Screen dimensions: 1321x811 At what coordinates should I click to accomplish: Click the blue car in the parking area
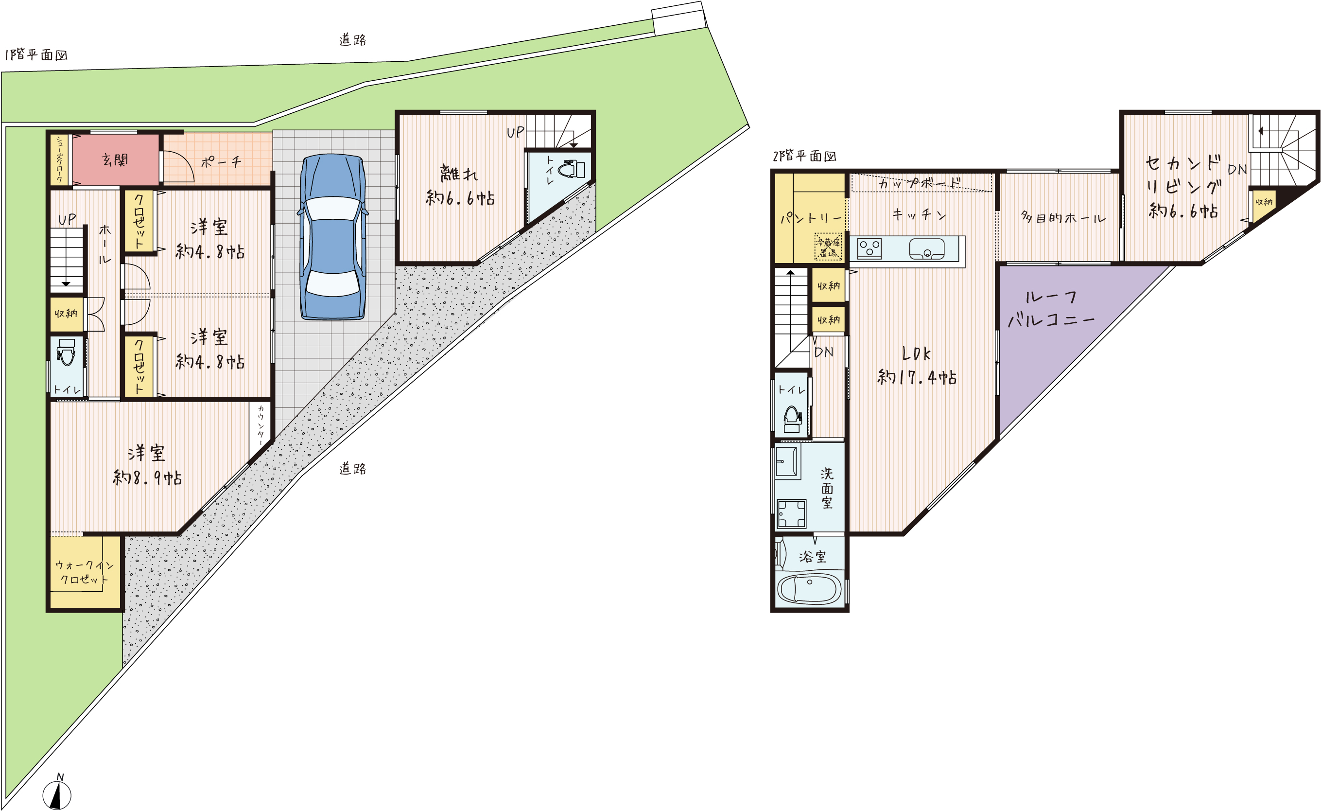(x=333, y=237)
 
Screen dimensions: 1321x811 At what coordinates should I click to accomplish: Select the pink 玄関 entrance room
(x=116, y=160)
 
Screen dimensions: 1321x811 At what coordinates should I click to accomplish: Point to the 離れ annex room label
(x=459, y=173)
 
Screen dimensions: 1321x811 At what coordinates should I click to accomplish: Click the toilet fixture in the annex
(x=572, y=170)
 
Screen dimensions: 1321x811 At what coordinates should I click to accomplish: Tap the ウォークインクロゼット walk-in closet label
(x=84, y=572)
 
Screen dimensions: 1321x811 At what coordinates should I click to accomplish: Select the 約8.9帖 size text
(x=147, y=477)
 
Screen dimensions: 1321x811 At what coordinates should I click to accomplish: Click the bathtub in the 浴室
(x=810, y=589)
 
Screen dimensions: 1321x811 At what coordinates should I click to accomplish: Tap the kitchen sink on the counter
(x=926, y=249)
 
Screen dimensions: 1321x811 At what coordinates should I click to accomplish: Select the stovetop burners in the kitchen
(x=869, y=248)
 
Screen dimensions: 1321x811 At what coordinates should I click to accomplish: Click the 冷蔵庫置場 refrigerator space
(x=828, y=247)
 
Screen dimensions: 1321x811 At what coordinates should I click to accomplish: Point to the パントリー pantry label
(x=811, y=217)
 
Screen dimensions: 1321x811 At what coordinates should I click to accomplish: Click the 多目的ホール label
(x=1063, y=217)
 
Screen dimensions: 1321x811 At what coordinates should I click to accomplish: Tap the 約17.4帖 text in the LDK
(x=917, y=377)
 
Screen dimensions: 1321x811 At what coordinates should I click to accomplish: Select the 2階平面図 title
(x=804, y=156)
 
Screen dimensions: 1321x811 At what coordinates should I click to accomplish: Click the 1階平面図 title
(x=36, y=55)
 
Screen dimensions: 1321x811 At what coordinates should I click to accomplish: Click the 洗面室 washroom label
(x=827, y=488)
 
